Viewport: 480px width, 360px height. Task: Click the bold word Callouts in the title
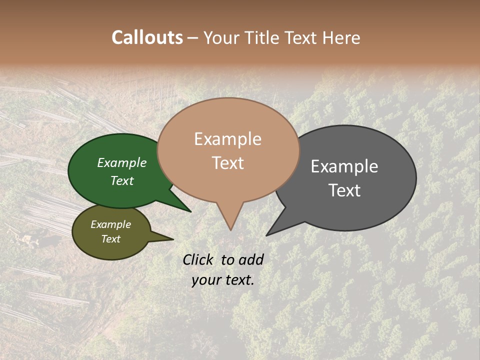point(147,37)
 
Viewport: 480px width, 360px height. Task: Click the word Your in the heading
point(221,38)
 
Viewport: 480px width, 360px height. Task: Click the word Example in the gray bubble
point(344,166)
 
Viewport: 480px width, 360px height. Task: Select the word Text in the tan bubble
point(228,163)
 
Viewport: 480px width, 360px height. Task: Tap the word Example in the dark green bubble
point(122,162)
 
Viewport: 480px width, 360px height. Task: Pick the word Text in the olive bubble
point(111,239)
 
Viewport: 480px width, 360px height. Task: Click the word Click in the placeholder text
point(199,259)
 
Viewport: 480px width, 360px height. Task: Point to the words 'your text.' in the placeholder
point(223,280)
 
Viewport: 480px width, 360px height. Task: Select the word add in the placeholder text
point(251,259)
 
